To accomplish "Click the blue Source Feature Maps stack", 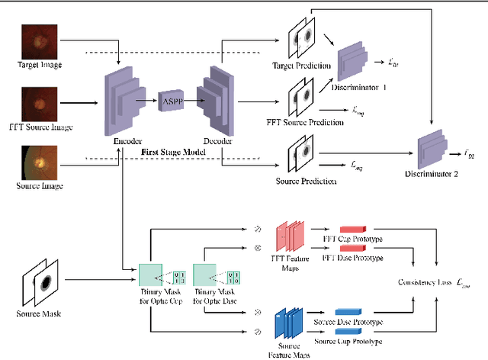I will (x=289, y=322).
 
